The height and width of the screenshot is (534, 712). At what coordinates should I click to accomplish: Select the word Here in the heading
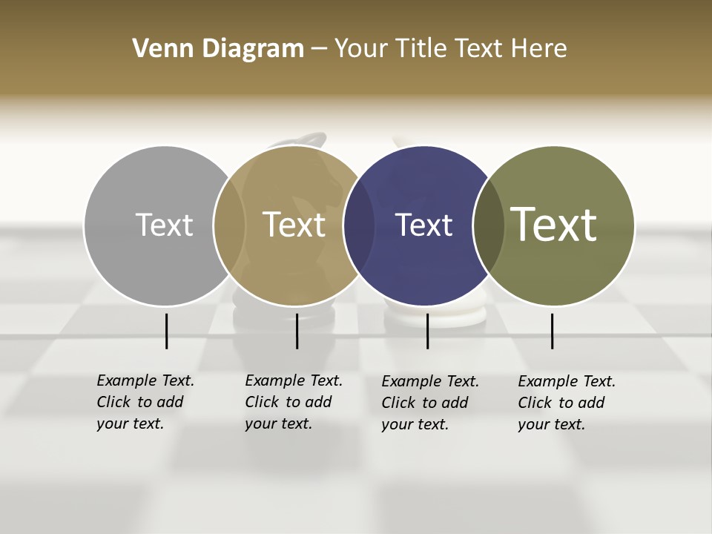click(x=539, y=49)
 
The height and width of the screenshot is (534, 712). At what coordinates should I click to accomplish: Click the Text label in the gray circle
click(x=164, y=225)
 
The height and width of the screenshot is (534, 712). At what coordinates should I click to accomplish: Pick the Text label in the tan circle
click(x=294, y=225)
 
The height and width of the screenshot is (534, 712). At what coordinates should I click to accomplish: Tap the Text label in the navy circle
click(x=423, y=225)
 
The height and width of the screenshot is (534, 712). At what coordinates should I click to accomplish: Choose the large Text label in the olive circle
click(x=553, y=225)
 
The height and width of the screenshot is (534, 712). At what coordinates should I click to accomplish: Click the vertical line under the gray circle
click(x=166, y=331)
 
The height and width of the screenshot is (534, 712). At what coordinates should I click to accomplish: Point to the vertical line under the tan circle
click(x=297, y=331)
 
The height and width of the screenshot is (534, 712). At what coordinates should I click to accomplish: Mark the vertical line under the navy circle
click(x=427, y=331)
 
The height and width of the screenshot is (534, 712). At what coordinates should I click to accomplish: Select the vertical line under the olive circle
click(x=552, y=331)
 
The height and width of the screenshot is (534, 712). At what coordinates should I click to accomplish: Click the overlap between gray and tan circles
click(x=229, y=225)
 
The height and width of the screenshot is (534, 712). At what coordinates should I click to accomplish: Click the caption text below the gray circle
click(x=145, y=402)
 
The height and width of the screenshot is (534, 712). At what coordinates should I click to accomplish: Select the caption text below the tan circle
click(x=293, y=402)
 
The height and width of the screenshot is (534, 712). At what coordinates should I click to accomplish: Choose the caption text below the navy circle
click(x=429, y=403)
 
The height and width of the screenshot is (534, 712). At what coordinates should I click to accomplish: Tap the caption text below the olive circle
click(x=566, y=403)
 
